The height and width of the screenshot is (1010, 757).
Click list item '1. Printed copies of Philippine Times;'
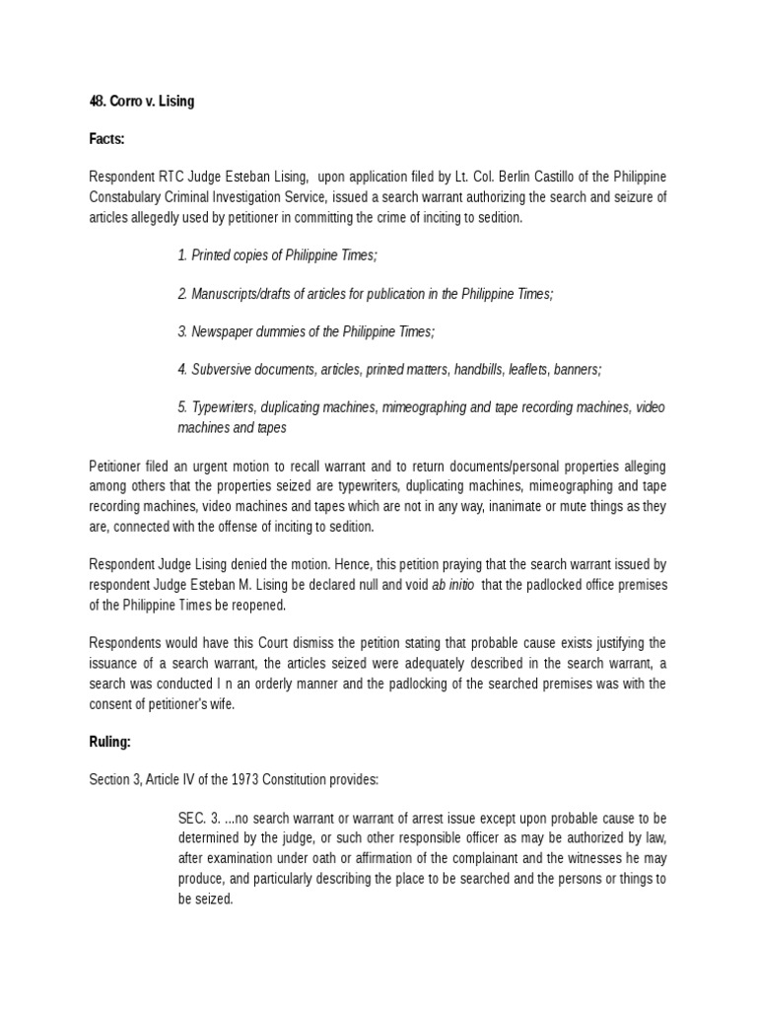coord(277,255)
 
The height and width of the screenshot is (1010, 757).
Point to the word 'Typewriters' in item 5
coord(224,407)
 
